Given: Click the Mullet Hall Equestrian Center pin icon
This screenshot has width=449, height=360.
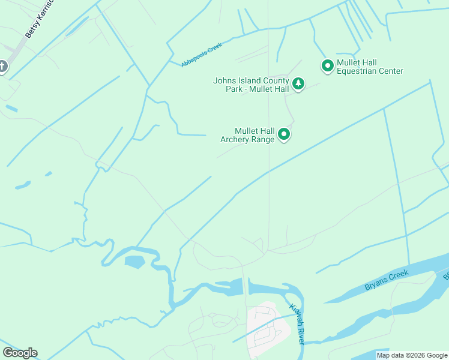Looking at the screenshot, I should (x=328, y=65).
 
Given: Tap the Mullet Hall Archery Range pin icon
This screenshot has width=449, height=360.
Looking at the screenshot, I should (x=285, y=134).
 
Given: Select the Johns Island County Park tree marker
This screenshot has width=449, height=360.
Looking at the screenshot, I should (x=298, y=84).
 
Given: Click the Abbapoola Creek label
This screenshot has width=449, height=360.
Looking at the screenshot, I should (x=202, y=55).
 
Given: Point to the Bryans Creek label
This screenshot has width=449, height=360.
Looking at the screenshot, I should (x=387, y=281).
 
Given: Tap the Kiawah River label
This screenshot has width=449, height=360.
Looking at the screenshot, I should (x=298, y=323).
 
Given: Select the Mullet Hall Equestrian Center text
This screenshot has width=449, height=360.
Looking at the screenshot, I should (x=369, y=67).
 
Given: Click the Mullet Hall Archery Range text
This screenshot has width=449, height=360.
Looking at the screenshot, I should (x=247, y=135).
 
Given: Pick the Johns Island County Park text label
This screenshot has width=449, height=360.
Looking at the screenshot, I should (x=252, y=85).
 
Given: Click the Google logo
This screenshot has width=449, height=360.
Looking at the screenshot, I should (x=20, y=353).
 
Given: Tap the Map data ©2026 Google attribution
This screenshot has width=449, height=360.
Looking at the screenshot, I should (x=412, y=355).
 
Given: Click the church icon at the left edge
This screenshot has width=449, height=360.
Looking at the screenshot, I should (x=2, y=66).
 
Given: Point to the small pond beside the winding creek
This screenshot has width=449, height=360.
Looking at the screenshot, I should (x=135, y=262).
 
